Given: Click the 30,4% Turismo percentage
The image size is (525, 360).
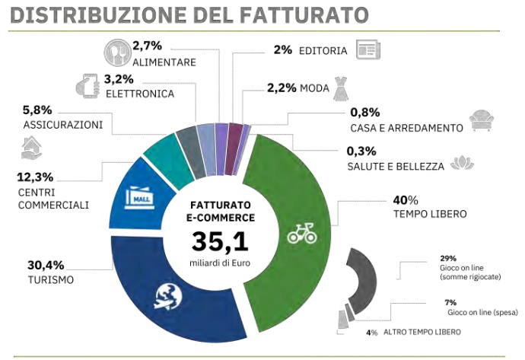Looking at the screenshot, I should (x=44, y=266).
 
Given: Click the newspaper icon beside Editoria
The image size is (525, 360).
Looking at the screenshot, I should (x=368, y=51).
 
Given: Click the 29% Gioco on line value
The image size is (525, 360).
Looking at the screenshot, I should (x=446, y=258).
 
